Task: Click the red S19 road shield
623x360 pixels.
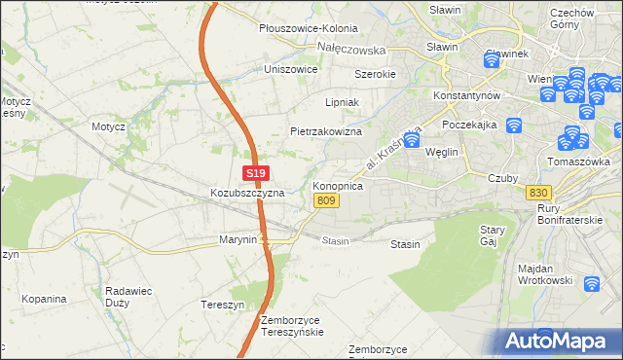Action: pyautogui.click(x=255, y=173)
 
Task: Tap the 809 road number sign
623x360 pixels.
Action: pyautogui.click(x=326, y=200)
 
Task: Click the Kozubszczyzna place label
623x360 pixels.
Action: pyautogui.click(x=247, y=193)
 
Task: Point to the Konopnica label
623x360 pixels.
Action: pyautogui.click(x=338, y=185)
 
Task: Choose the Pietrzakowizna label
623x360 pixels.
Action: pyautogui.click(x=326, y=131)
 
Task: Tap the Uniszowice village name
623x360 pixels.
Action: pyautogui.click(x=291, y=70)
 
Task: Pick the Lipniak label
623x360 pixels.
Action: pyautogui.click(x=342, y=101)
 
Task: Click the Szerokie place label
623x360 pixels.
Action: pyautogui.click(x=374, y=74)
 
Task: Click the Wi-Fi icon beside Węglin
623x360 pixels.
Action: pyautogui.click(x=412, y=140)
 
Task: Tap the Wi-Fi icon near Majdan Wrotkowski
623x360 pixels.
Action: pyautogui.click(x=592, y=284)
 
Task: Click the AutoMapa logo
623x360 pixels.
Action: pyautogui.click(x=559, y=342)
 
